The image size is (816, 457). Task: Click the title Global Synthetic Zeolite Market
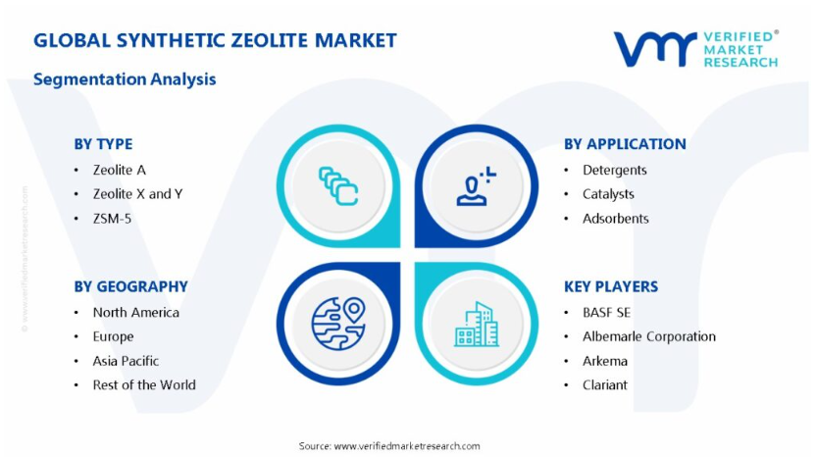[x=215, y=40]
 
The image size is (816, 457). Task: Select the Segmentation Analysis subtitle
[x=125, y=79]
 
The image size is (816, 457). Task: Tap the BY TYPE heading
[x=103, y=144]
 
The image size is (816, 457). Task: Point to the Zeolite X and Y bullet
[x=138, y=194]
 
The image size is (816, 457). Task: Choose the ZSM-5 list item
[x=112, y=219]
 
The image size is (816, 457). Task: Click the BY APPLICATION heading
[x=625, y=144]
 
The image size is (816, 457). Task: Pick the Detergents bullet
[x=615, y=171]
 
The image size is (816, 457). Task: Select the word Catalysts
[x=608, y=194]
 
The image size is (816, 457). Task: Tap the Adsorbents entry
[x=616, y=219]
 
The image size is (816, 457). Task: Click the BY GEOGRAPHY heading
[x=130, y=286]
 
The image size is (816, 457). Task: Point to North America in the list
[x=135, y=312]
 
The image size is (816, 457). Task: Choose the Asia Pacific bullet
[x=126, y=361]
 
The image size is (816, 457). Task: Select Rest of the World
[x=144, y=384]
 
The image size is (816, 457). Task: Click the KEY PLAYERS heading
[x=611, y=286]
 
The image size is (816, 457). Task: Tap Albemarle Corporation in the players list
[x=649, y=336]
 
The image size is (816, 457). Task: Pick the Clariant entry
[x=605, y=384]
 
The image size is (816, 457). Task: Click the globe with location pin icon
[x=338, y=324]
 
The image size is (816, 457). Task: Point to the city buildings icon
[x=477, y=325]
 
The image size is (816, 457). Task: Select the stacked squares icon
[x=338, y=185]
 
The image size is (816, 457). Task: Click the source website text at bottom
[x=389, y=446]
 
